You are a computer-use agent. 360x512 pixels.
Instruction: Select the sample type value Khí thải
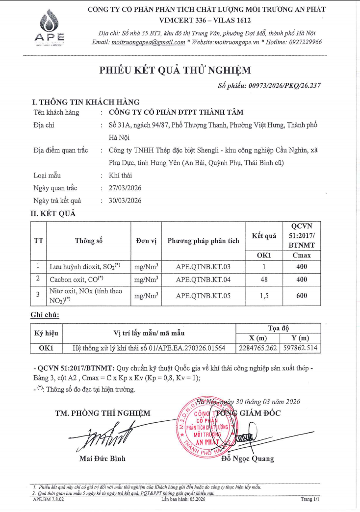[120, 175]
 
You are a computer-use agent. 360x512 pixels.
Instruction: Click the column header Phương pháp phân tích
[203, 241]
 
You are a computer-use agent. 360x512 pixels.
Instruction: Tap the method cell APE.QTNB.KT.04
[203, 280]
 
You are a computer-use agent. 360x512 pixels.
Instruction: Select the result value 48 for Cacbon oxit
[264, 280]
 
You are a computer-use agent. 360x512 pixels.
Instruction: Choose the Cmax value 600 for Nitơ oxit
[302, 295]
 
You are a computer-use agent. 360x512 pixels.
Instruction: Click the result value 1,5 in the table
[264, 295]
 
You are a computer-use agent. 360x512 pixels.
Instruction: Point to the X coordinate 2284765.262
[257, 348]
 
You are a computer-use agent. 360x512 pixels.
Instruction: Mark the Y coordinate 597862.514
[301, 348]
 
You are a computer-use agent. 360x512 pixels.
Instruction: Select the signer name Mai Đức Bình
[102, 459]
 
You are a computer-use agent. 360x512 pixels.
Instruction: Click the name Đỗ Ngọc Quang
[247, 459]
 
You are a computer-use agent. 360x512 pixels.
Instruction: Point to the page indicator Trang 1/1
[310, 499]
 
